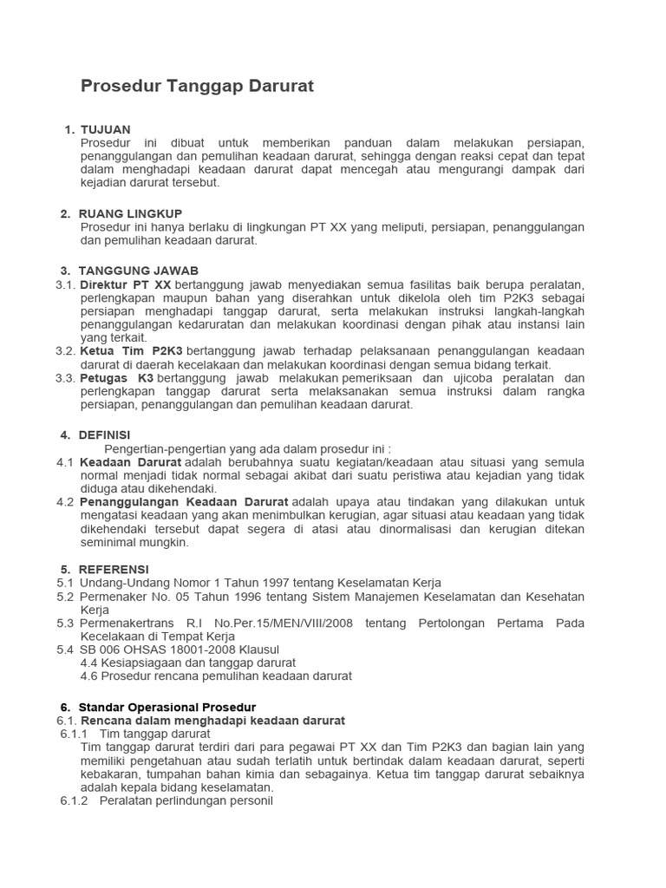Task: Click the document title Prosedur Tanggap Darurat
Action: click(x=197, y=86)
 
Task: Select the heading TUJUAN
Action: click(x=105, y=129)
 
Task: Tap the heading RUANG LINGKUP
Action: click(x=130, y=213)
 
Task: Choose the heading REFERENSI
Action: click(x=114, y=569)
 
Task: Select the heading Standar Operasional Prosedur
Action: click(x=167, y=707)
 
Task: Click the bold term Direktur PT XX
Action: click(x=126, y=285)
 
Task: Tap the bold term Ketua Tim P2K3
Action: click(x=132, y=350)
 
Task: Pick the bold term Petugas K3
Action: click(x=117, y=379)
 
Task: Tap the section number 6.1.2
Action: click(x=75, y=800)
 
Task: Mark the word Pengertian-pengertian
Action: click(x=164, y=448)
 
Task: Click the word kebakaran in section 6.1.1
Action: click(x=108, y=774)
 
